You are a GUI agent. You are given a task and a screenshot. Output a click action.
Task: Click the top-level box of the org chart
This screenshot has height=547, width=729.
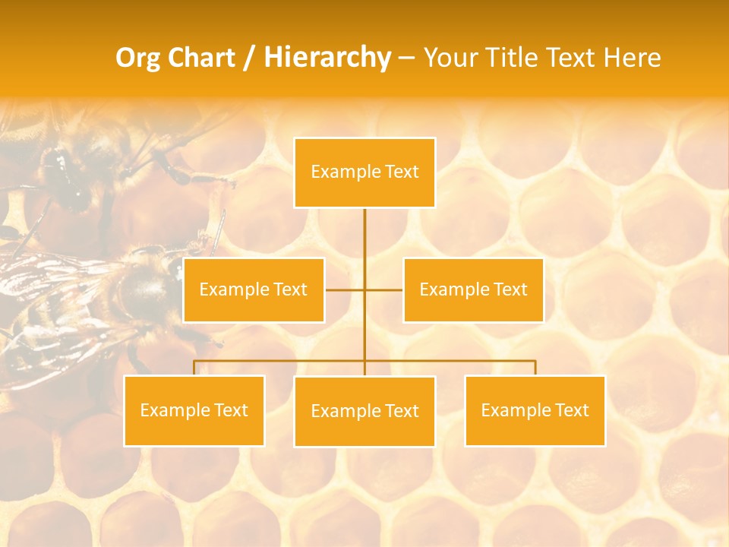tap(364, 172)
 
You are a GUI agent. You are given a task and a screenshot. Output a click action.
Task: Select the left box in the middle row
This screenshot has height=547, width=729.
tap(254, 289)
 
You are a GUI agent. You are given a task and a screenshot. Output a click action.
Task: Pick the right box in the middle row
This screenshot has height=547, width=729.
tap(473, 289)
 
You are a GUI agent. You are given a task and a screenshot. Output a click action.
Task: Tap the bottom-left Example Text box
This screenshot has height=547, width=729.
tap(194, 410)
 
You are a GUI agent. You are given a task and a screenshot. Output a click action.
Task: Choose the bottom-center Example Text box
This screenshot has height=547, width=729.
tap(364, 411)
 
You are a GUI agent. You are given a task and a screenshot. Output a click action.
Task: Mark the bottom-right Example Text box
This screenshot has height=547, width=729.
tap(535, 410)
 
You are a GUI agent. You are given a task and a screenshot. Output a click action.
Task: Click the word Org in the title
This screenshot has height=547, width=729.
tap(137, 58)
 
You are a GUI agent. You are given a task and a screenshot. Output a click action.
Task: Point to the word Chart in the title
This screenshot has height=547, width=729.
tap(201, 58)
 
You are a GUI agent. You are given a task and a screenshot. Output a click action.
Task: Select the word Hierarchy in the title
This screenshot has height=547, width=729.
tap(327, 58)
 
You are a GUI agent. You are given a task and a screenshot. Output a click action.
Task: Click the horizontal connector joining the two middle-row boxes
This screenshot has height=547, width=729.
tap(383, 289)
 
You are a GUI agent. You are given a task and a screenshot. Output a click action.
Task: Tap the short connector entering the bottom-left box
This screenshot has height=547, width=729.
tap(194, 368)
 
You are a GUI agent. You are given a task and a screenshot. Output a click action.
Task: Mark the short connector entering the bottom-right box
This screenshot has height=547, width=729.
tap(535, 368)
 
